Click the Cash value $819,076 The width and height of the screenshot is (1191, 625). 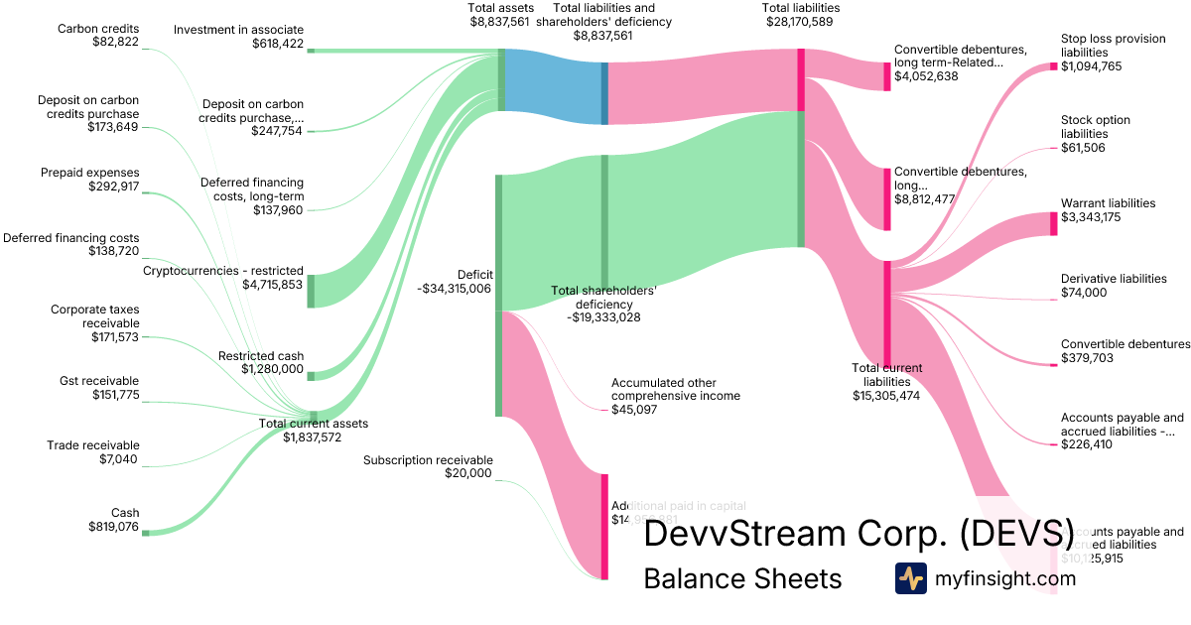(x=111, y=527)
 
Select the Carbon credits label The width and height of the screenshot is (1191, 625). (x=98, y=28)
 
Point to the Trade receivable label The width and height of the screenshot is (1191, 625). (x=93, y=445)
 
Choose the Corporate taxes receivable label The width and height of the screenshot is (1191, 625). (x=95, y=316)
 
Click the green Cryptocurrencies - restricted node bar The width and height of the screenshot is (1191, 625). (x=311, y=291)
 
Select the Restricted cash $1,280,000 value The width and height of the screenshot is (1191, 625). (x=273, y=369)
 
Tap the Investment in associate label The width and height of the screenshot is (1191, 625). (x=238, y=30)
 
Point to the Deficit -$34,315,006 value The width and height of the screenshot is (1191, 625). (x=455, y=289)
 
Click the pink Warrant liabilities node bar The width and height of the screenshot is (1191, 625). (x=1054, y=223)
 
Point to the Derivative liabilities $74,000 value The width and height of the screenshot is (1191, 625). (x=1083, y=293)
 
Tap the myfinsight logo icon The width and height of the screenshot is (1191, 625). (x=910, y=578)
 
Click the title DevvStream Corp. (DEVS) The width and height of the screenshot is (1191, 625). (x=859, y=535)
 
